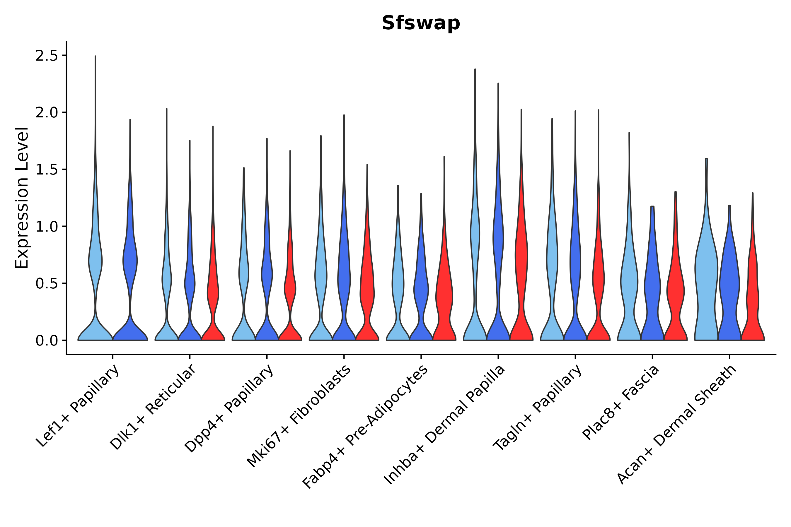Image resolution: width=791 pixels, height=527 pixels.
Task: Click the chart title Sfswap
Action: click(x=420, y=23)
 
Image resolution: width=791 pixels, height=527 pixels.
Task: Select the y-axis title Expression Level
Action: click(x=22, y=198)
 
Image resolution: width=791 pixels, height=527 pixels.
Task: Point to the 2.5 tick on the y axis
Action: click(x=47, y=56)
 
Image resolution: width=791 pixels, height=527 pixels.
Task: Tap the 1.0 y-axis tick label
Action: click(x=47, y=227)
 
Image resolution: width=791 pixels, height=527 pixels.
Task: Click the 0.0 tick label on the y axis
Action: click(x=47, y=341)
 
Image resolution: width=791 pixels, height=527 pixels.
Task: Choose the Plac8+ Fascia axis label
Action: click(x=620, y=403)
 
